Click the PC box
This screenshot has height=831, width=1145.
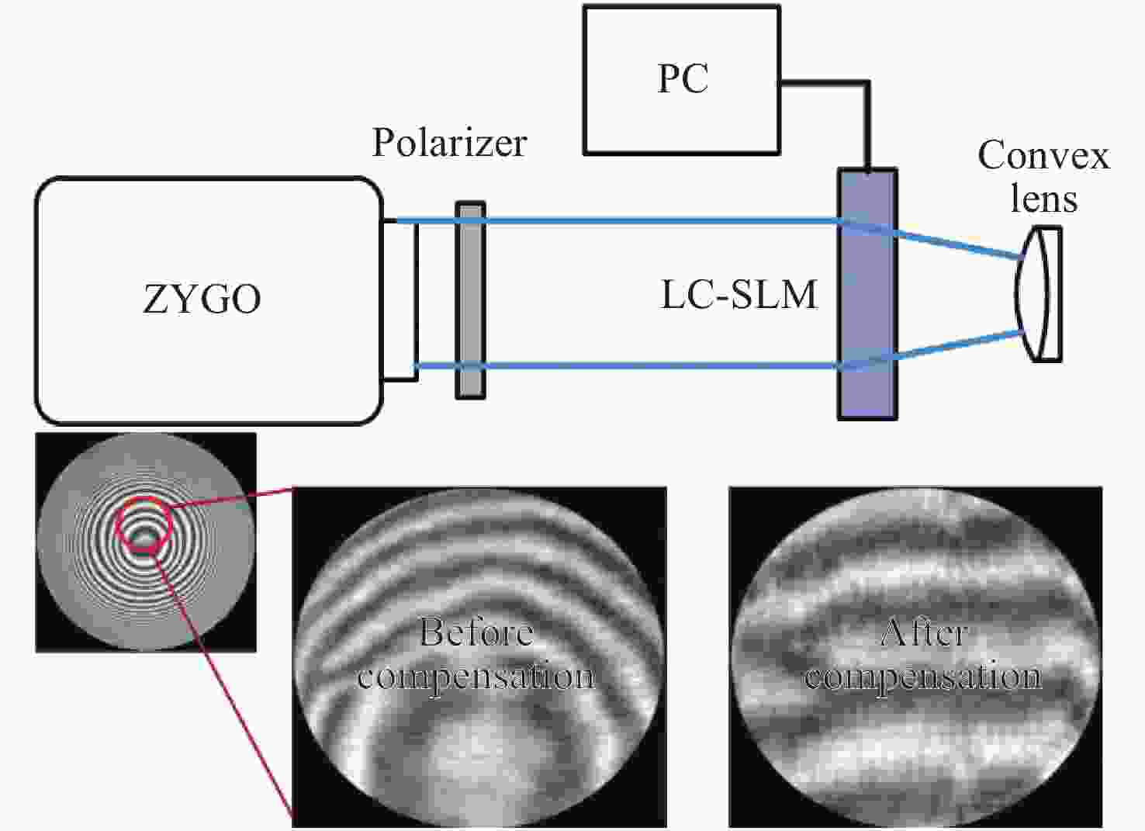(x=681, y=80)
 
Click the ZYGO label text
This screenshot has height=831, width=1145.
(x=202, y=299)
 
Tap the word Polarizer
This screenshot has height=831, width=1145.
(x=449, y=142)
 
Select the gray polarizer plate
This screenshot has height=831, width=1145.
(x=470, y=300)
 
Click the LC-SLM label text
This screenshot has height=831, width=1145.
(x=739, y=295)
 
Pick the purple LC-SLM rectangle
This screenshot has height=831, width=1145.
(x=867, y=295)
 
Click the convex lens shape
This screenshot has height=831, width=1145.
(x=1039, y=294)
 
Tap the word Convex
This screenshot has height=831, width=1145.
(x=1043, y=155)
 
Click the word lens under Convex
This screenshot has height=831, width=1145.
(x=1043, y=199)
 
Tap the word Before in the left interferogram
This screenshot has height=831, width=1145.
(x=476, y=632)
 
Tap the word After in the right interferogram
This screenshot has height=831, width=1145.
(x=924, y=632)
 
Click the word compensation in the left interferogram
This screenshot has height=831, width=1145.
(x=476, y=677)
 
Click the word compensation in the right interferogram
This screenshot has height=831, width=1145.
(x=923, y=677)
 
